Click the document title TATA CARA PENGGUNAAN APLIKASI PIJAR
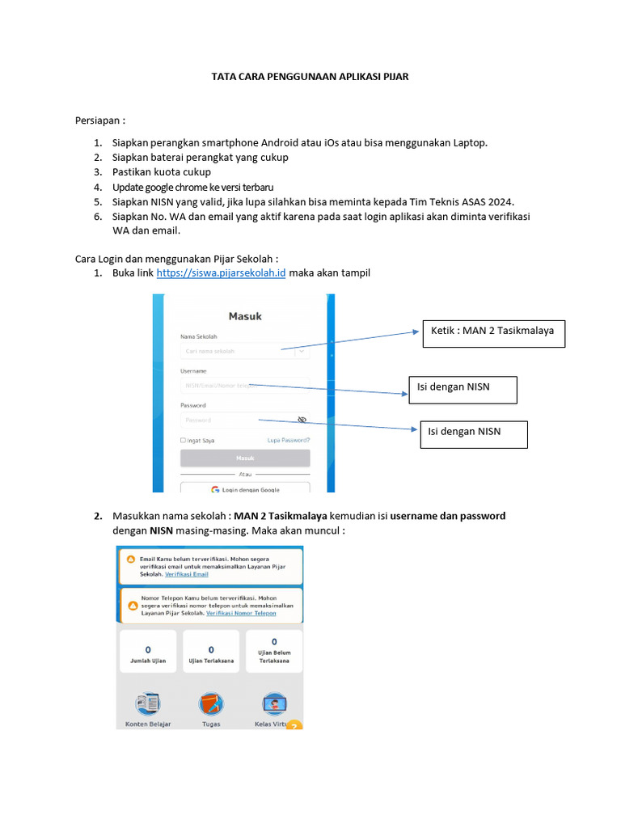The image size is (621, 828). pyautogui.click(x=310, y=77)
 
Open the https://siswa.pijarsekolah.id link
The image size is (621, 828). pyautogui.click(x=222, y=273)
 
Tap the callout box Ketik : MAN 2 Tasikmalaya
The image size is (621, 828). pyautogui.click(x=492, y=331)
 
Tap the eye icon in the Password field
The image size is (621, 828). pyautogui.click(x=302, y=420)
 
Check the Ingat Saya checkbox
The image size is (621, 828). pyautogui.click(x=184, y=441)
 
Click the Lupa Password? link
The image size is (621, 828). pyautogui.click(x=289, y=441)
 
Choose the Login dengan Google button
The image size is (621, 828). pyautogui.click(x=245, y=489)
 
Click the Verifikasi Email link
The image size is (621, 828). pyautogui.click(x=186, y=574)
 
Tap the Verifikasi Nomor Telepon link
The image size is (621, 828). pyautogui.click(x=241, y=614)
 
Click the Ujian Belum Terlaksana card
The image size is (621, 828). pyautogui.click(x=274, y=651)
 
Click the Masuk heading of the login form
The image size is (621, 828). pyautogui.click(x=245, y=316)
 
